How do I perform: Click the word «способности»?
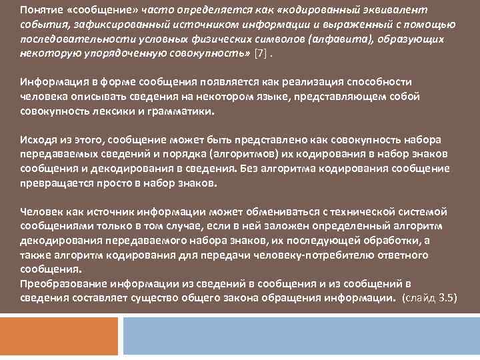(x=381, y=81)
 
